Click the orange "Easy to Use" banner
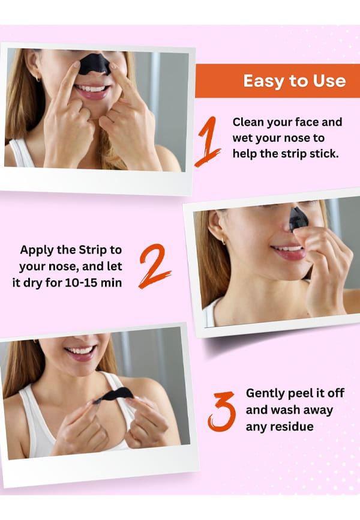(277, 81)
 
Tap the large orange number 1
(209, 141)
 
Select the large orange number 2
(154, 266)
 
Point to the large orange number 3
(222, 411)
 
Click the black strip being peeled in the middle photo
(298, 219)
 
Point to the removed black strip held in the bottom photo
(114, 395)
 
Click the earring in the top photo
(38, 79)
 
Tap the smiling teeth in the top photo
(91, 88)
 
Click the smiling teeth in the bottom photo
(80, 351)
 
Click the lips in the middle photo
(289, 252)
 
